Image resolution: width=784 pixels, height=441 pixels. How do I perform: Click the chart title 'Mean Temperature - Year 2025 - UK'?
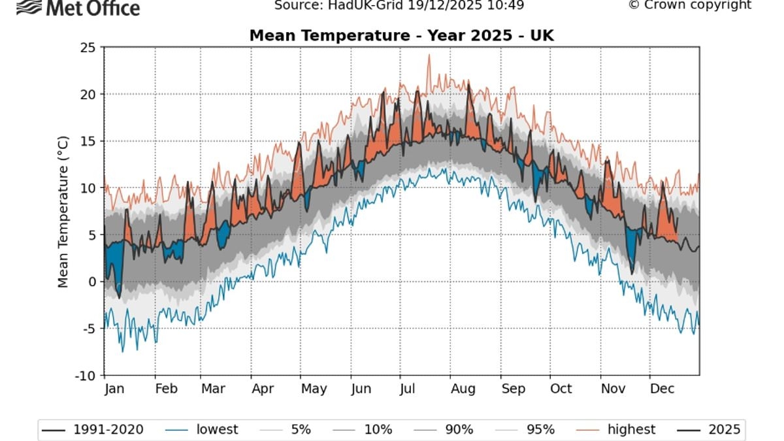[401, 35]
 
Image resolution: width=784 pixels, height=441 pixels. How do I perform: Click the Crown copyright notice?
[689, 5]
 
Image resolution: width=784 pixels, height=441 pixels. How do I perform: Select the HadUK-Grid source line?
[399, 6]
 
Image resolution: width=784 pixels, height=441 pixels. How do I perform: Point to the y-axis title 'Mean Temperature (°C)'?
[63, 212]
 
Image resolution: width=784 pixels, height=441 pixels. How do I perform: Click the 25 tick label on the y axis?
[88, 48]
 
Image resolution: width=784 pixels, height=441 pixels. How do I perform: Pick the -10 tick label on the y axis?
[85, 376]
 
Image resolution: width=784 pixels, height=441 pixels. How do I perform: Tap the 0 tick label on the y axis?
[92, 282]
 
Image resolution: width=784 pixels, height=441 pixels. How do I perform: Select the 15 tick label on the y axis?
[88, 141]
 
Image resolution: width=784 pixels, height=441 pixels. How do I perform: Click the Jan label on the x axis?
[114, 389]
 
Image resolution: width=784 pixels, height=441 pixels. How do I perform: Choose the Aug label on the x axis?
[463, 389]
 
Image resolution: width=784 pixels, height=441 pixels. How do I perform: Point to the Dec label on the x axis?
[662, 389]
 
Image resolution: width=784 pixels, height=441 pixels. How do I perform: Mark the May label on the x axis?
[314, 389]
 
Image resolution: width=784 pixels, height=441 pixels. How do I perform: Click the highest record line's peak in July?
[429, 55]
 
